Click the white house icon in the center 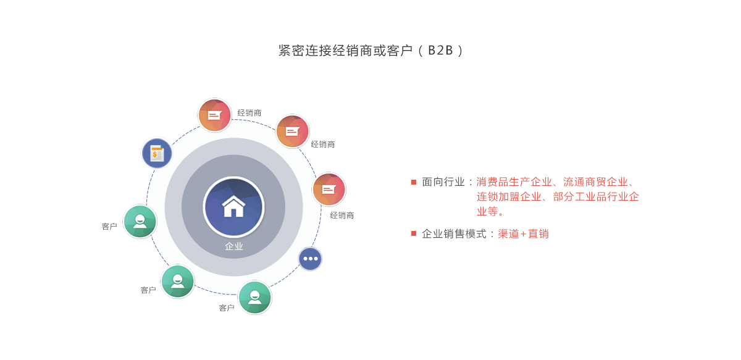tap(233, 206)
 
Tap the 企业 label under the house tap(234, 246)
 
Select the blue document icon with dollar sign tap(157, 153)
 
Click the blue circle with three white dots tap(310, 259)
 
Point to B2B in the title tap(440, 50)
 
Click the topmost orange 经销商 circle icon tap(214, 115)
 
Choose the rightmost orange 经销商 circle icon tap(329, 190)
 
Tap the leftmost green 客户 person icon tap(140, 221)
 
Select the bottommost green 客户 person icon tap(254, 298)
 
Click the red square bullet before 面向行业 tap(414, 182)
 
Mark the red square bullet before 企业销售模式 tap(414, 233)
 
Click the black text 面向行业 tap(443, 182)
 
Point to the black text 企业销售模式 tap(454, 234)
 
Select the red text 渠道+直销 tap(524, 234)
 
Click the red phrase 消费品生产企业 tap(514, 182)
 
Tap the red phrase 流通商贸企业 tap(595, 182)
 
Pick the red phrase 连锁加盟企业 tap(509, 197)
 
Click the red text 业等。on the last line tap(490, 211)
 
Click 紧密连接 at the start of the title tap(305, 50)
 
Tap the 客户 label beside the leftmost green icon tap(109, 227)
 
